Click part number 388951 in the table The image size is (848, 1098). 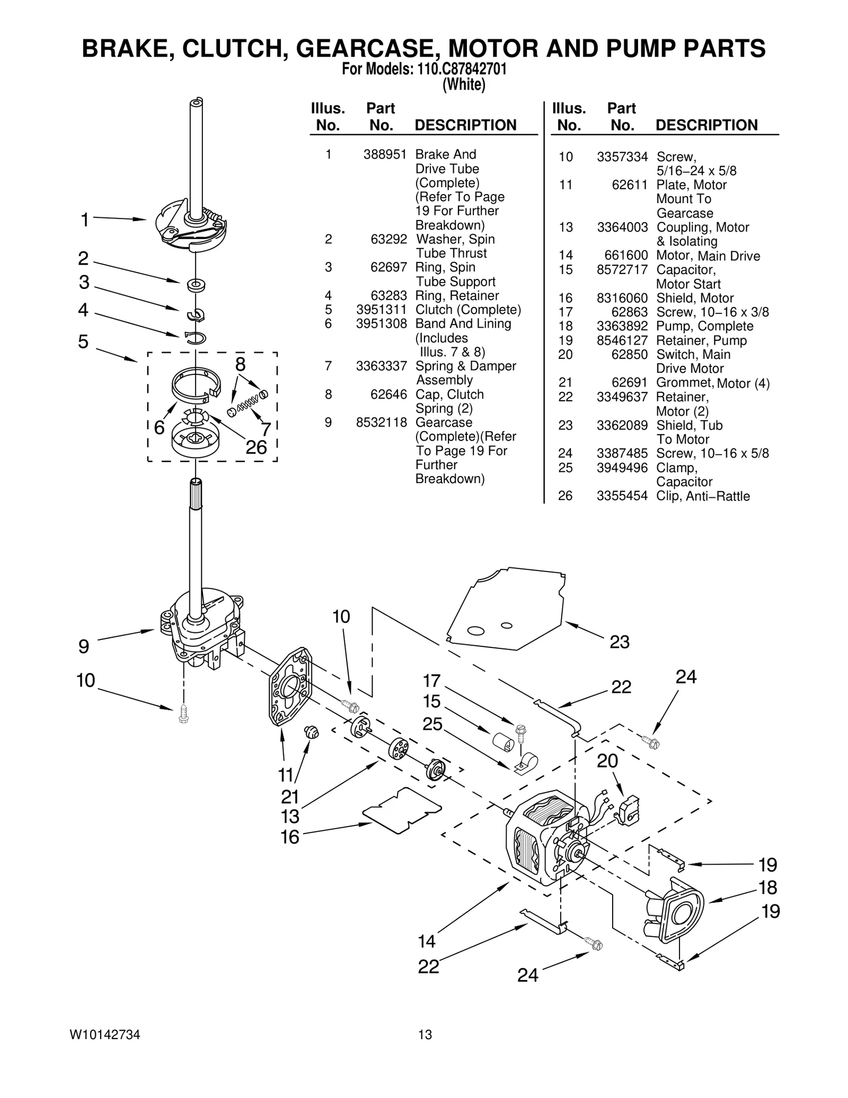(385, 154)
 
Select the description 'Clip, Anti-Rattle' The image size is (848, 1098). (703, 496)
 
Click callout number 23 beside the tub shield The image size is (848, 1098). (619, 642)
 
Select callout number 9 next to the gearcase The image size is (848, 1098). (84, 646)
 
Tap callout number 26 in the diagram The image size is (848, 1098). (256, 447)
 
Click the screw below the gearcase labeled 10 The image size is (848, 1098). (183, 714)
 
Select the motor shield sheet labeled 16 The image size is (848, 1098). (402, 810)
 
